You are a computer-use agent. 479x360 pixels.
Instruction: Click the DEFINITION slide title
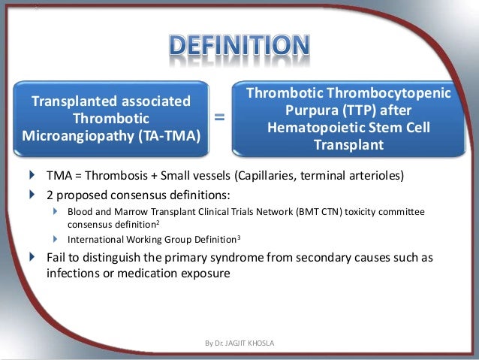click(x=239, y=46)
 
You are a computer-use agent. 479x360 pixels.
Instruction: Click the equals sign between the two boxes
click(x=220, y=117)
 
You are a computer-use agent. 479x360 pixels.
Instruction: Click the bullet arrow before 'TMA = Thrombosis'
click(x=31, y=176)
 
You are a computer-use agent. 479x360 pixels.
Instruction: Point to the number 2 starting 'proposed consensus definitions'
click(x=50, y=195)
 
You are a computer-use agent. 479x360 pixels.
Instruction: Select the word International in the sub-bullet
click(x=95, y=240)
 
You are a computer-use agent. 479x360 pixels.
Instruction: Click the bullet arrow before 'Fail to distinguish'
click(x=31, y=257)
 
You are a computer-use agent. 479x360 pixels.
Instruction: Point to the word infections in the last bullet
click(x=73, y=274)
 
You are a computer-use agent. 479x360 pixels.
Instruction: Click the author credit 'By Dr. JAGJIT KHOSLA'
click(x=239, y=343)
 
